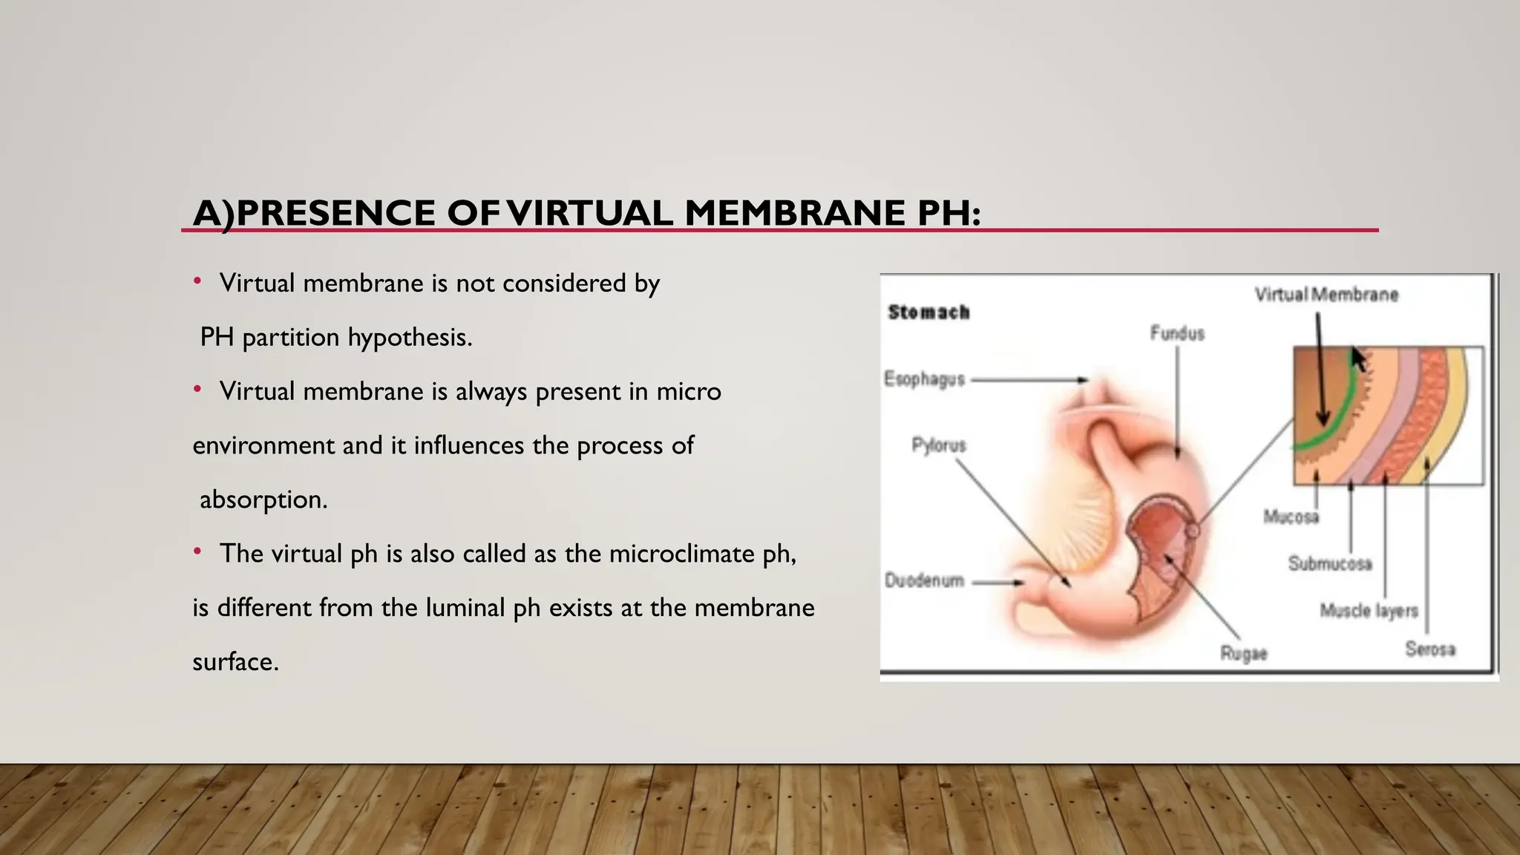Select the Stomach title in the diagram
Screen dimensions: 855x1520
click(928, 312)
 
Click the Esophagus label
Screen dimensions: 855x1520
click(924, 379)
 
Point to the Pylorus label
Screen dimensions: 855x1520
click(939, 445)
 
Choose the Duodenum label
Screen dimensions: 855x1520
click(924, 580)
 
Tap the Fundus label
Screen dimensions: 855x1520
click(1177, 333)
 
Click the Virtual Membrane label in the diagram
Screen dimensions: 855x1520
click(1326, 295)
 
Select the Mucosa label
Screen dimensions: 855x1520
click(1291, 517)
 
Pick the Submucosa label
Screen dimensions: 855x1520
click(1330, 564)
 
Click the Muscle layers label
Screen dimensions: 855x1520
click(1369, 611)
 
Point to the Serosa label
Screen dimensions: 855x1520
click(1430, 649)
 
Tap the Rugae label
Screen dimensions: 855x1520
click(1244, 654)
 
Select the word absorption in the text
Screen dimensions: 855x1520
click(263, 499)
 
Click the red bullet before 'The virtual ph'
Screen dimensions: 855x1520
click(197, 551)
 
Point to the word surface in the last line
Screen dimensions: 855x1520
click(235, 661)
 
